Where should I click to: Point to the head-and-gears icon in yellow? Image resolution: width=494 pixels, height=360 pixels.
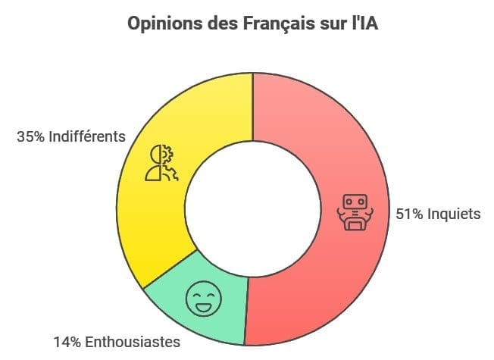tap(160, 163)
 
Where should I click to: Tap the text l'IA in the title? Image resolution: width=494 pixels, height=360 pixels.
tap(362, 24)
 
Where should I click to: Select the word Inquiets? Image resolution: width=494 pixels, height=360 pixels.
tap(454, 214)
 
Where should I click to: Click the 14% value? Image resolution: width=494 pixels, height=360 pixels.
tap(67, 342)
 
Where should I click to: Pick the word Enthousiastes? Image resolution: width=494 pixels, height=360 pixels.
tap(132, 342)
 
